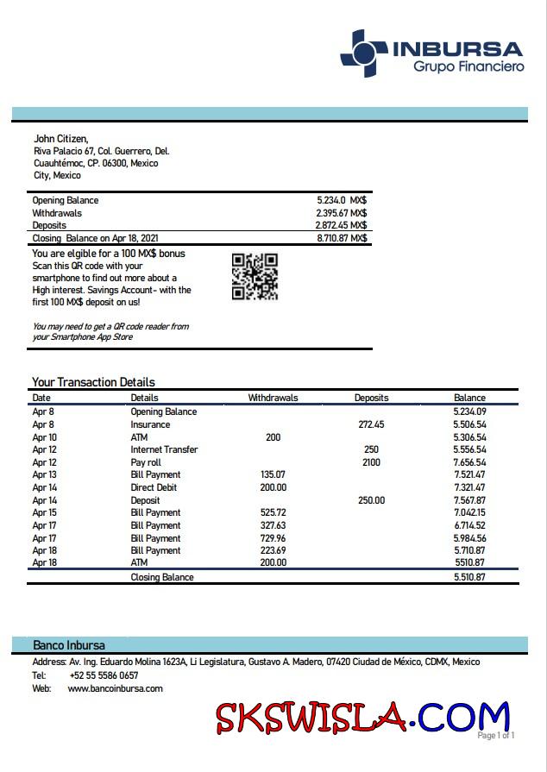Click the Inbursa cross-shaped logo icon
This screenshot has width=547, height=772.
point(363,53)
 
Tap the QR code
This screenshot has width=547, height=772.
point(255,276)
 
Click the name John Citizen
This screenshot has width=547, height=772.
point(60,138)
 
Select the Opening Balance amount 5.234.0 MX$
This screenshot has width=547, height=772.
point(342,200)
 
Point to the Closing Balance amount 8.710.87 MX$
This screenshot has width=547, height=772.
point(342,238)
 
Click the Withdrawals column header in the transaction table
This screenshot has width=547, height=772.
point(273,398)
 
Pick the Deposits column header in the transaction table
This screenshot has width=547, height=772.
point(371,398)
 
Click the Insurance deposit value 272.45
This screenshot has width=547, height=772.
point(371,424)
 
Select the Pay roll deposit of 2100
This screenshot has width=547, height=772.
point(371,462)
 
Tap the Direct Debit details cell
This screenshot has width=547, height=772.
point(155,487)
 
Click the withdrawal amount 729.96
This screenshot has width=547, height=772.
point(273,537)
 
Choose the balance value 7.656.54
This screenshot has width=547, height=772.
point(469,462)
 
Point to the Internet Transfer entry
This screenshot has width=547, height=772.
point(164,449)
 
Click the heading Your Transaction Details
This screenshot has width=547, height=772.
point(93,382)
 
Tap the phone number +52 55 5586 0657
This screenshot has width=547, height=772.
point(103,675)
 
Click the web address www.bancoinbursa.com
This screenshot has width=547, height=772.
point(115,688)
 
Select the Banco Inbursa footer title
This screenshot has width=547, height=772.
point(69,645)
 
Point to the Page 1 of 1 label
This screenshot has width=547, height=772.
point(496,735)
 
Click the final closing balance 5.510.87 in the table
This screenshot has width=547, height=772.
point(469,577)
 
